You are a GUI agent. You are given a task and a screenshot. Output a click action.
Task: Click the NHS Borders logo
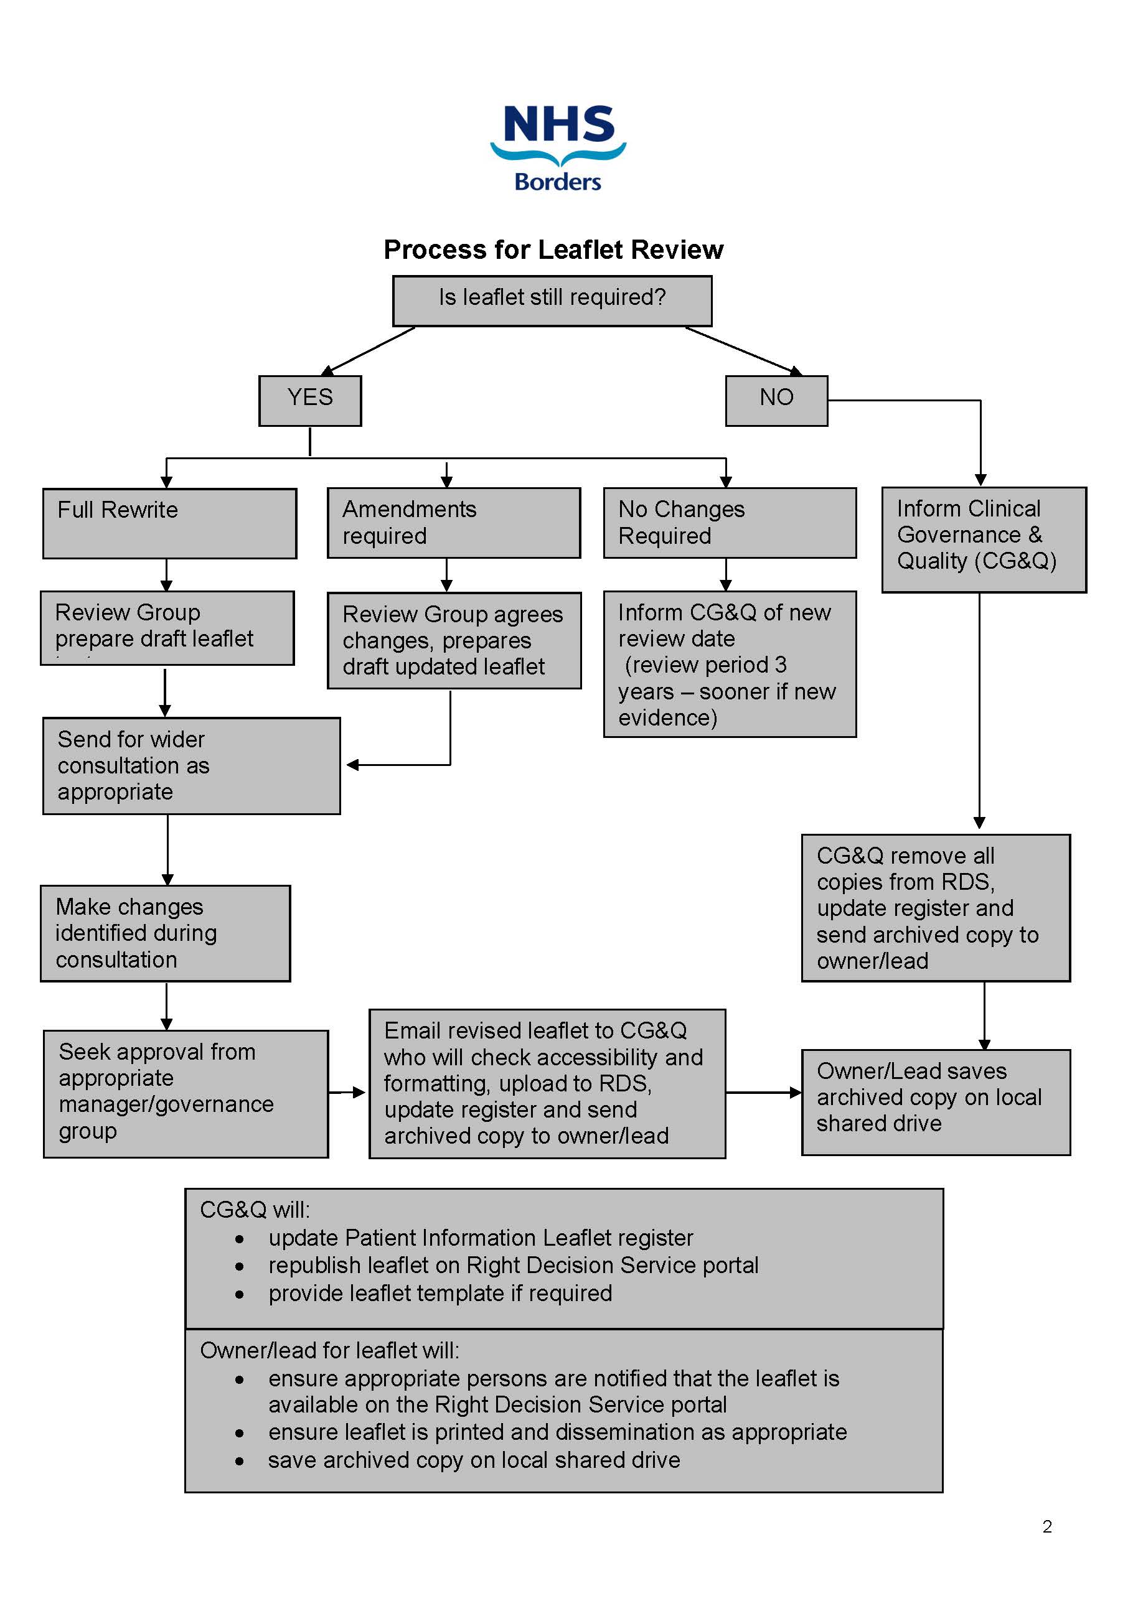pos(558,148)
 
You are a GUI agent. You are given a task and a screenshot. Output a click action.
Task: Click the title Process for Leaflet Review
pos(553,250)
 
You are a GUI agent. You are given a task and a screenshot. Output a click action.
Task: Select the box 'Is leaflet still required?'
pos(552,301)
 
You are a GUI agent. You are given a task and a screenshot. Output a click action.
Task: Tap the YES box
pos(310,400)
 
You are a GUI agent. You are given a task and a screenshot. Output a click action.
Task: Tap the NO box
pos(776,400)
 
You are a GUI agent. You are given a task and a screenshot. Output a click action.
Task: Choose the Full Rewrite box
pos(169,523)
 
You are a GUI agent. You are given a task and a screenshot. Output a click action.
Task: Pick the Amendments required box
pos(453,522)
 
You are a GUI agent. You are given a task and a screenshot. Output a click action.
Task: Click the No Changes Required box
pos(729,522)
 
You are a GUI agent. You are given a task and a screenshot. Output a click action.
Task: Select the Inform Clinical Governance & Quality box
pos(983,539)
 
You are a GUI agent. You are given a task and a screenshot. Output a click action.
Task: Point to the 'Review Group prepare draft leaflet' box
pos(167,628)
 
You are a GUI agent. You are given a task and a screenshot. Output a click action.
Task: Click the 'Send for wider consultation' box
pos(191,765)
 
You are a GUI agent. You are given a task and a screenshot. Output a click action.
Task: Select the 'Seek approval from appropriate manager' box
pos(186,1093)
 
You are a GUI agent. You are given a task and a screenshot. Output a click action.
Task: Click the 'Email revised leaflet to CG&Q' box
pos(547,1083)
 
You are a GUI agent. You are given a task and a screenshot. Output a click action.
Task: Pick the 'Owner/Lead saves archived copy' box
pos(935,1102)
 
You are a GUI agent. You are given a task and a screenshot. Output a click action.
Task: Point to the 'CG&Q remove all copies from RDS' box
pos(935,907)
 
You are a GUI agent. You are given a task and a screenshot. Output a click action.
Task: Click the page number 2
pos(1046,1526)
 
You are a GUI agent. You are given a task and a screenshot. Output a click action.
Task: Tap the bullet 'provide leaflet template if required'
pos(440,1293)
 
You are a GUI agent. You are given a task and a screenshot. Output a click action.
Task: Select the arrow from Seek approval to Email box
pos(347,1092)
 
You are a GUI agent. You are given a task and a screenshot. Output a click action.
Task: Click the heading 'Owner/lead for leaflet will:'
pos(329,1350)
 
